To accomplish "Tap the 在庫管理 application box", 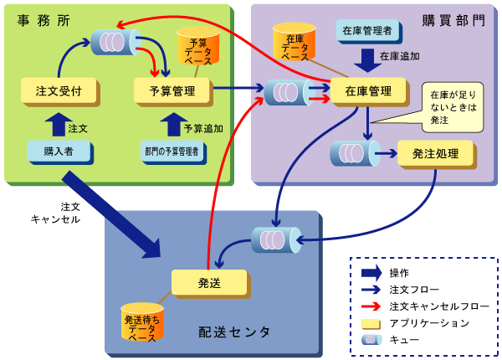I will coord(368,91).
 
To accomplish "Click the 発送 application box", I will coord(208,282).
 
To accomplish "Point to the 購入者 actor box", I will coord(58,152).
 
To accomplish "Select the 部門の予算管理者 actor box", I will coord(175,152).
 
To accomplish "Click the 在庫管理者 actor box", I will coord(368,31).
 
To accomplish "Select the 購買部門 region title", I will coord(452,18).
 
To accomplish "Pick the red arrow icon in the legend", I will coord(371,306).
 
